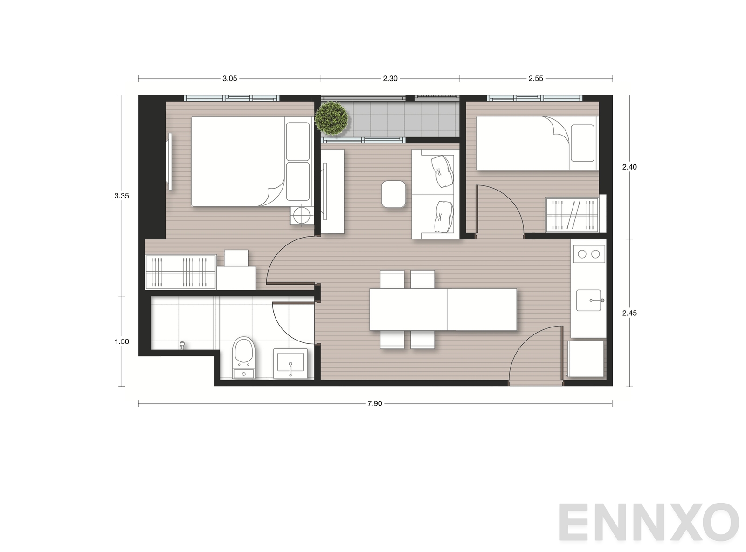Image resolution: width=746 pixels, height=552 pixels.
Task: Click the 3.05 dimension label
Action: click(229, 79)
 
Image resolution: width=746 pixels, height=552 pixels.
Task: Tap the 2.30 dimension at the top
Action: click(390, 79)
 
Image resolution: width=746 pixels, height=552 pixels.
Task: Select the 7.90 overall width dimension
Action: click(374, 403)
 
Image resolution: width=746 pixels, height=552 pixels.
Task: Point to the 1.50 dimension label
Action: click(122, 341)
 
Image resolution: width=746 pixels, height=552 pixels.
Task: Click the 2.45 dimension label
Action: click(629, 313)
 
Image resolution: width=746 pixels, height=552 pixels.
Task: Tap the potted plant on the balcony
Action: click(332, 118)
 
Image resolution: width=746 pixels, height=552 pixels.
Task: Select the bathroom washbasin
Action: click(290, 363)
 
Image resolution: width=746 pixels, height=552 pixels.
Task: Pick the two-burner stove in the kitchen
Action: click(588, 254)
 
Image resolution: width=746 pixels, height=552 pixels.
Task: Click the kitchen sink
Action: click(589, 300)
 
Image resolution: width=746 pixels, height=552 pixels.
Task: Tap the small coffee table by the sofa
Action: click(393, 194)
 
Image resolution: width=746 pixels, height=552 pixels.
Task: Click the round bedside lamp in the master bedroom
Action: click(301, 214)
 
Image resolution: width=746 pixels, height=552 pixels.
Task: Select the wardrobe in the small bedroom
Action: click(572, 215)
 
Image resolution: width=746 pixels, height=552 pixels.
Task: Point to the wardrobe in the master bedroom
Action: click(180, 272)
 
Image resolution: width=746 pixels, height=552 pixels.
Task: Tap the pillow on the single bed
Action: click(582, 143)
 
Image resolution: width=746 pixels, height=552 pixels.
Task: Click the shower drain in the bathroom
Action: click(182, 345)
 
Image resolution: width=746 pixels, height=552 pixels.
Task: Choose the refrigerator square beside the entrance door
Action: click(586, 359)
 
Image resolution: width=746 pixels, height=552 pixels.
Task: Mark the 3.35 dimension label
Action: click(122, 196)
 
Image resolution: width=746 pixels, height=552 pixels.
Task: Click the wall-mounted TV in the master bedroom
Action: click(170, 161)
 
